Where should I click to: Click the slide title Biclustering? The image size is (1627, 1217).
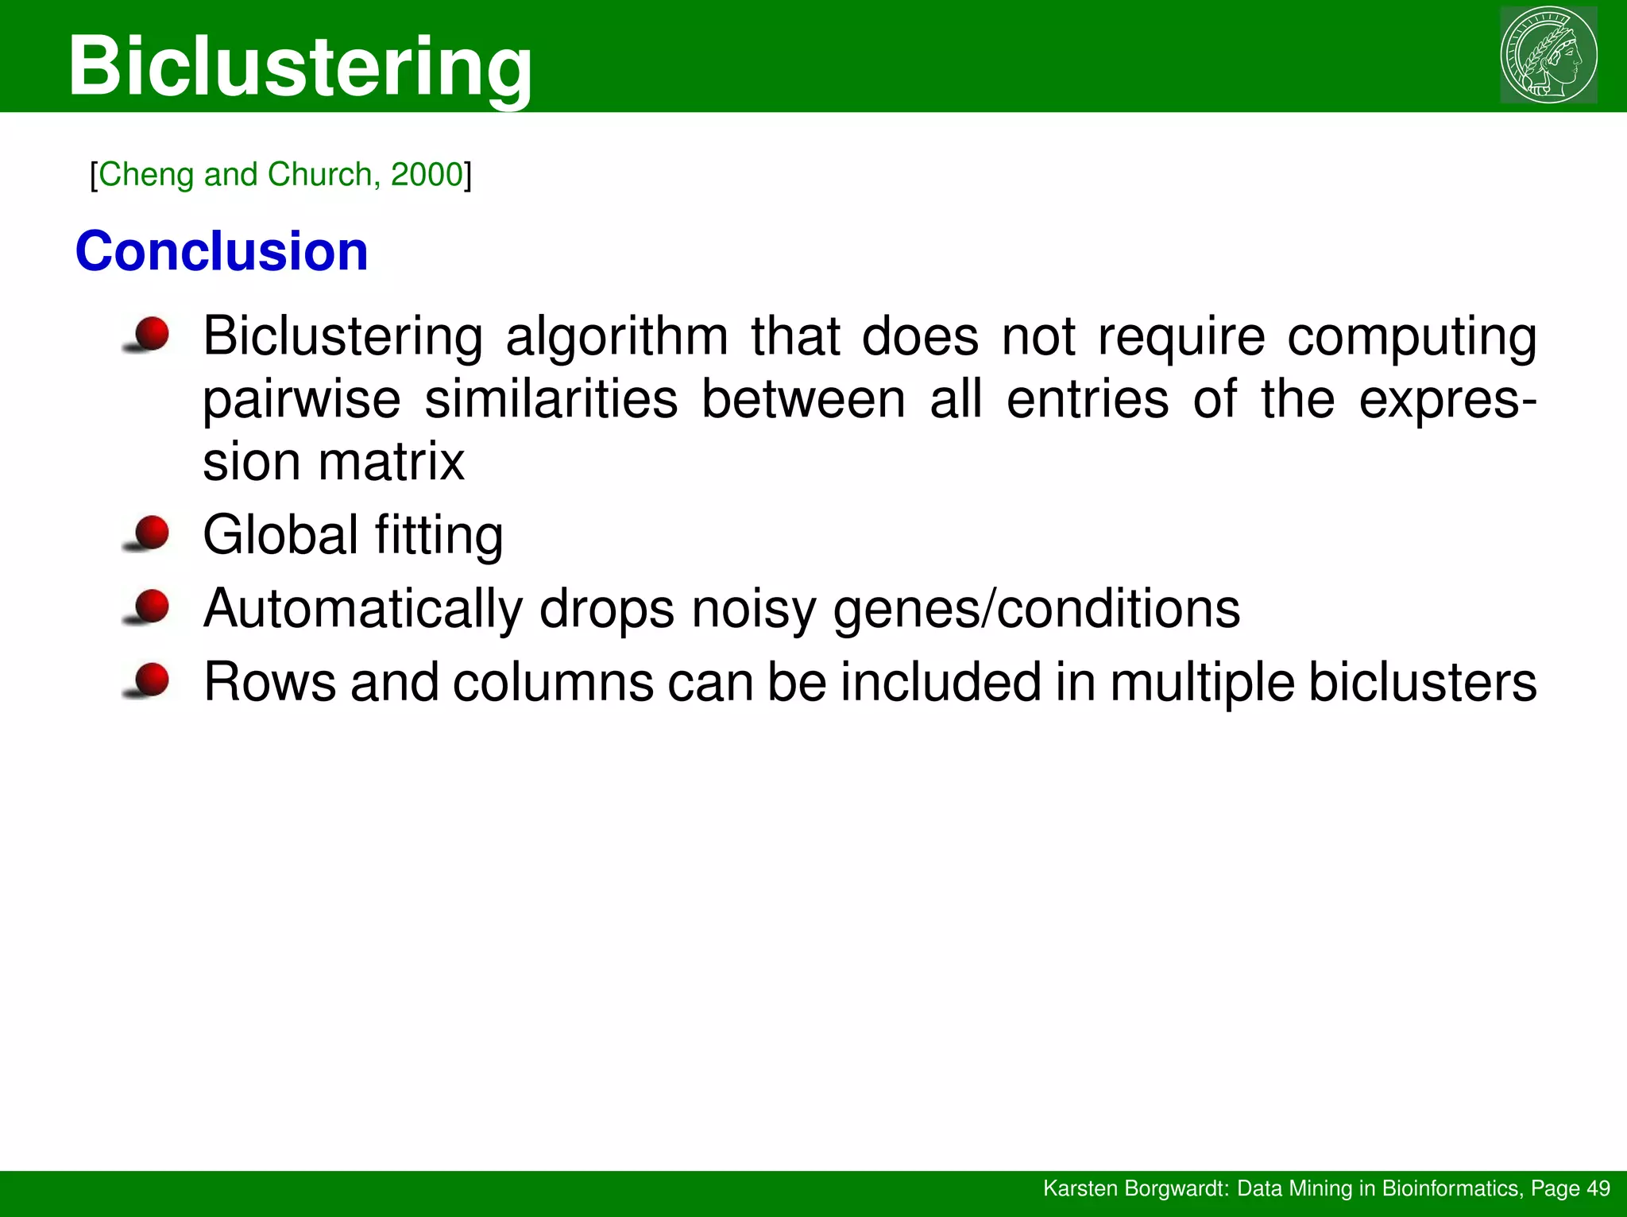click(300, 67)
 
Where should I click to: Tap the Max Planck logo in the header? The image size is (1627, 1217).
click(1548, 55)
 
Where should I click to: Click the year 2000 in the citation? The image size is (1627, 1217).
click(427, 174)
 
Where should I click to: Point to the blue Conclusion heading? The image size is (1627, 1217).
click(222, 251)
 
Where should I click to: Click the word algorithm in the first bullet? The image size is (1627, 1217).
click(616, 337)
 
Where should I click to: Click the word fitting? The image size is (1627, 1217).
click(439, 535)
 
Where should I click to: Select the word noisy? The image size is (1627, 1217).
click(753, 610)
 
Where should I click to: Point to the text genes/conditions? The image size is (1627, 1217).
click(1037, 610)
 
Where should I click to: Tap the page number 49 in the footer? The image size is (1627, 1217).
click(1598, 1188)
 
